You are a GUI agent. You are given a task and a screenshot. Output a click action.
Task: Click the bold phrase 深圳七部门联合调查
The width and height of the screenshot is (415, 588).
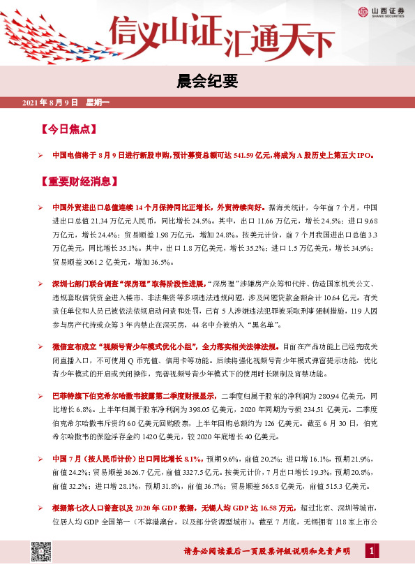point(82,285)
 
